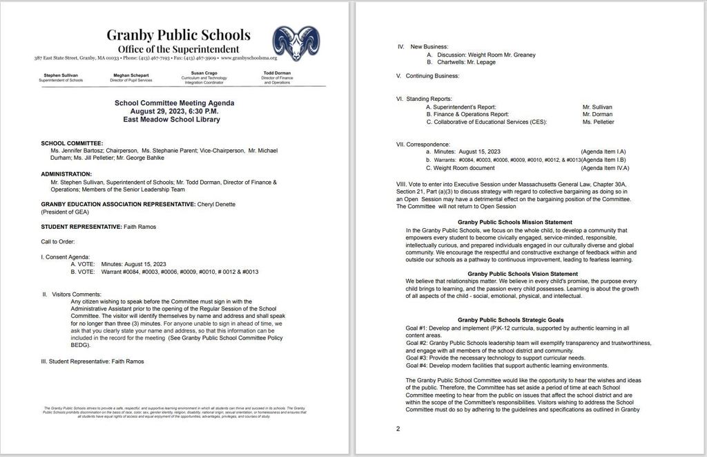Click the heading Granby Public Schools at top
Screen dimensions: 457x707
coord(178,35)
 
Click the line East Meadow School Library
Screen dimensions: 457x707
coord(174,119)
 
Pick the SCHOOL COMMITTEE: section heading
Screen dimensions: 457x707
coord(72,142)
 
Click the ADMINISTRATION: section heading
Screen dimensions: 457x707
coord(66,174)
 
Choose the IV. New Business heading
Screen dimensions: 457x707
coord(423,46)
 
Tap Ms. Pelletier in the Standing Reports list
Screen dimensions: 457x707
coord(598,122)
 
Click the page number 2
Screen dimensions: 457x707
coord(398,429)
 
